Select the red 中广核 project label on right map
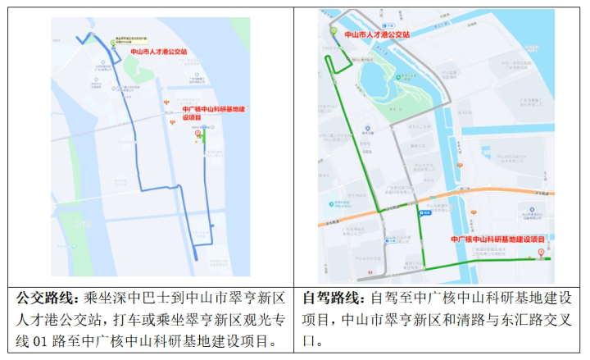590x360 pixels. coord(498,239)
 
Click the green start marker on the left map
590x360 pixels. coord(114,41)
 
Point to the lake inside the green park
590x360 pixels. coord(378,82)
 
